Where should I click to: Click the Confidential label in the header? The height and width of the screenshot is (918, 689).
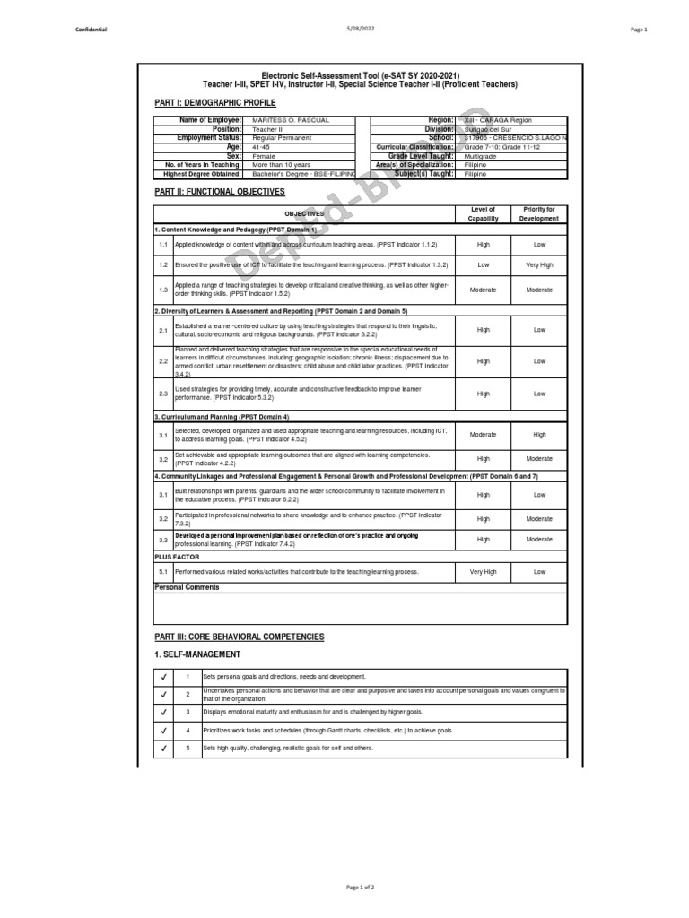click(x=92, y=30)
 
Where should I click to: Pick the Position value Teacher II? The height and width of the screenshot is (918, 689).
click(x=268, y=129)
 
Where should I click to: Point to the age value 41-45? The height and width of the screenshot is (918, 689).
click(x=261, y=147)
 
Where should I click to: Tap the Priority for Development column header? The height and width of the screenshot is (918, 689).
click(x=539, y=214)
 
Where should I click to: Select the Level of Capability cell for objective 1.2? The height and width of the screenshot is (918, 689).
click(x=484, y=265)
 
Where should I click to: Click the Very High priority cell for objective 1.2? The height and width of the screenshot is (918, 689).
click(x=539, y=265)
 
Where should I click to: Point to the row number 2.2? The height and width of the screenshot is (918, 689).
click(x=163, y=361)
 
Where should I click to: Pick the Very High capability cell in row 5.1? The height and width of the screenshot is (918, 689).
click(x=484, y=571)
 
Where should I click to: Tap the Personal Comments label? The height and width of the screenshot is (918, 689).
click(x=187, y=587)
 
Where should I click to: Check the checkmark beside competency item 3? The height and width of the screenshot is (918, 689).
click(x=163, y=712)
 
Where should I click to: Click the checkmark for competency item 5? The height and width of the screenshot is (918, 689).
click(x=163, y=749)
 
